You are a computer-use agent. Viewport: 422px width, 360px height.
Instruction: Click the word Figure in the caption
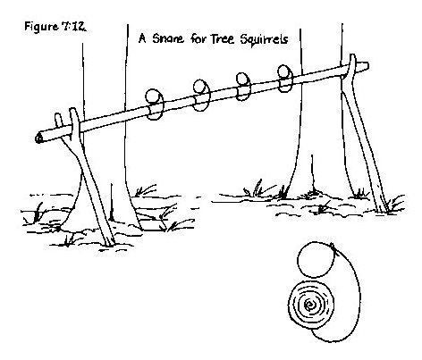point(41,27)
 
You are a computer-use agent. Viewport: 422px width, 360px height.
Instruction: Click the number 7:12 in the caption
point(74,27)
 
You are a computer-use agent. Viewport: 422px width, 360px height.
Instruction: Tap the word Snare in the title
point(168,38)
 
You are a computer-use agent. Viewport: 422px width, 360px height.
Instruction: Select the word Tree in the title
point(224,39)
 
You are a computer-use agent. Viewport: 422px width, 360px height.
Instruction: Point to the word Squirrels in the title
point(264,39)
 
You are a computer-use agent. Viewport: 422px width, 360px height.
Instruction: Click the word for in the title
point(198,38)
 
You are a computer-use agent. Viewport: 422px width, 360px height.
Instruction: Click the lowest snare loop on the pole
point(155,105)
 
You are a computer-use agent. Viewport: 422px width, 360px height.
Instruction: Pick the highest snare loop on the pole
point(285,78)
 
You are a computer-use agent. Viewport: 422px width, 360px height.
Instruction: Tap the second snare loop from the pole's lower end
point(202,95)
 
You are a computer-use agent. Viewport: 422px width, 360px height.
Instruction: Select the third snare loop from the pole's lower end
point(244,87)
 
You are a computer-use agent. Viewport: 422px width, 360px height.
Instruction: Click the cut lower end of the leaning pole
point(38,138)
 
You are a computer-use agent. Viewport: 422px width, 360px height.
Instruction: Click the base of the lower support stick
point(109,243)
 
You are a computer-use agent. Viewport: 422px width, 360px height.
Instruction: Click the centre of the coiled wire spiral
point(309,305)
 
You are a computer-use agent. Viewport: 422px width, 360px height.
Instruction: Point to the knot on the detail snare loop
point(333,247)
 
